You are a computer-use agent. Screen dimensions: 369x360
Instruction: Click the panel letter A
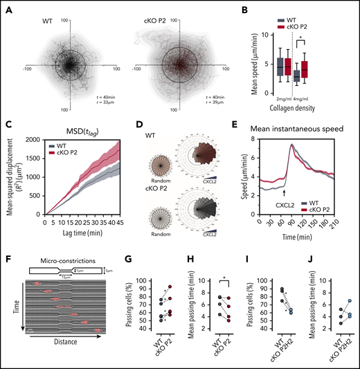click(6, 6)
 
